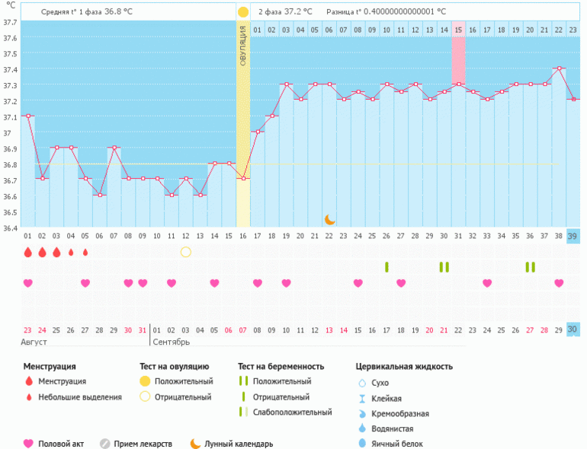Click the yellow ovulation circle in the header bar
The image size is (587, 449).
(242, 12)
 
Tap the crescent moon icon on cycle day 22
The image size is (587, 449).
(329, 219)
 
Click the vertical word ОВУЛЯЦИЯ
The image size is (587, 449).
(242, 45)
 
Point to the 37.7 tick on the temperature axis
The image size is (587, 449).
(10, 22)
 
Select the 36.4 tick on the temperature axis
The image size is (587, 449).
(10, 228)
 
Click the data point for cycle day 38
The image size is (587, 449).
(558, 68)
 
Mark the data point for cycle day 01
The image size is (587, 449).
(28, 116)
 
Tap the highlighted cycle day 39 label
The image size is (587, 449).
(573, 236)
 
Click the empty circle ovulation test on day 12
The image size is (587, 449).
(185, 252)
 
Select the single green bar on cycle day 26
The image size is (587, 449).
(387, 266)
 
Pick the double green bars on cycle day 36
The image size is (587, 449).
(530, 266)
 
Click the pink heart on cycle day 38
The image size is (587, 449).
(559, 283)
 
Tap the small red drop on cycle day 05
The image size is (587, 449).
(85, 252)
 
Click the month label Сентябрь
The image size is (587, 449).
(172, 342)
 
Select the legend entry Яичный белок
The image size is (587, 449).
(395, 443)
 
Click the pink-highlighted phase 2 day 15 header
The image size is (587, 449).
(458, 30)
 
